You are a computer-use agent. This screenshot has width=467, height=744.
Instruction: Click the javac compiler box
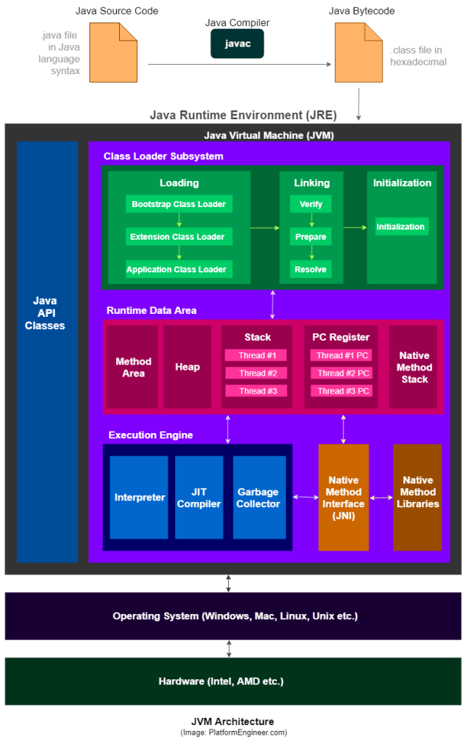(237, 44)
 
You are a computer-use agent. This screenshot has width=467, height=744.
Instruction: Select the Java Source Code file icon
(113, 52)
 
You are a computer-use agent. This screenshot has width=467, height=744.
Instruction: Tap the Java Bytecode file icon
(358, 52)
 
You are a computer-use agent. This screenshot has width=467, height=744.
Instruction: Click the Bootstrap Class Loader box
(179, 204)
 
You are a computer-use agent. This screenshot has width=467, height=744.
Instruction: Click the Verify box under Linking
(311, 204)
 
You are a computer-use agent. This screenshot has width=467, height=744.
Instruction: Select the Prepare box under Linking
(311, 237)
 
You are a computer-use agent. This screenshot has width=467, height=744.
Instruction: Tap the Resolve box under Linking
(311, 270)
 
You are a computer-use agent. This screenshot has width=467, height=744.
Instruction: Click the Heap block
(187, 367)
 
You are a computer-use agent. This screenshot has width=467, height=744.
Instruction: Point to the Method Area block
(133, 367)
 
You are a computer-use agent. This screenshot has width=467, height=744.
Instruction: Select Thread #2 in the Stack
(256, 373)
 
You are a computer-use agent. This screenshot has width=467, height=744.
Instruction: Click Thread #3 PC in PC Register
(343, 391)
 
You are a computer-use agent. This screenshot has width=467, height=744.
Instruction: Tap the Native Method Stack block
(414, 367)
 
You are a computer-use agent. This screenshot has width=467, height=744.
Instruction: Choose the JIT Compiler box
(199, 498)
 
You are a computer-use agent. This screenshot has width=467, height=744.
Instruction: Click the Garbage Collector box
(259, 498)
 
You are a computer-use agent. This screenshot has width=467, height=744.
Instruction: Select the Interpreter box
(139, 498)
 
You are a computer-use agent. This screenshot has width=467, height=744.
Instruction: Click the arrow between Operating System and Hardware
(230, 649)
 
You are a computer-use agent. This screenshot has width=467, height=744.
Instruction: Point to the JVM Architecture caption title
(232, 721)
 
